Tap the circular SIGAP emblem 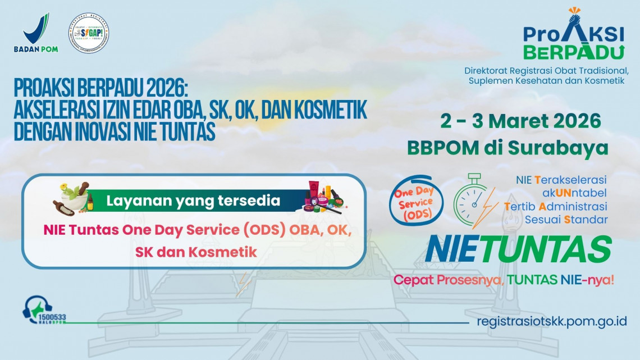(x=89, y=33)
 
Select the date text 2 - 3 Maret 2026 (x=520, y=121)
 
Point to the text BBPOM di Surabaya (x=508, y=147)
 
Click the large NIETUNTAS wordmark (x=518, y=249)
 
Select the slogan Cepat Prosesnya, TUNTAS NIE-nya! (x=503, y=280)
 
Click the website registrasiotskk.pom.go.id (x=551, y=322)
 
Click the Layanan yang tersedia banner (x=194, y=200)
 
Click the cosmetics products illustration (x=322, y=198)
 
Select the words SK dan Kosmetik (x=196, y=252)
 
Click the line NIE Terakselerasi (x=561, y=180)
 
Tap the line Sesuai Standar (x=566, y=219)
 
